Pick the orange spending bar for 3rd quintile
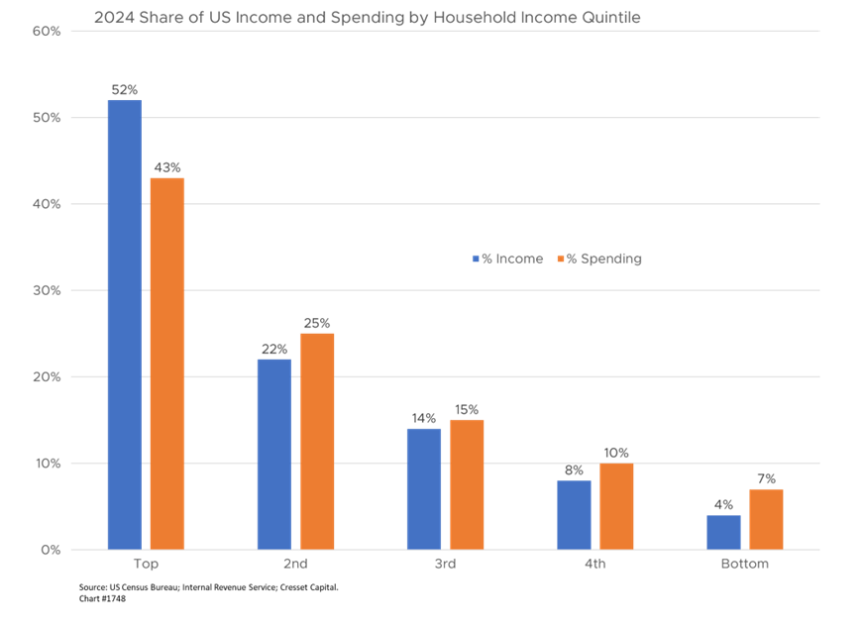467,483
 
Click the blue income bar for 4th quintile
574,514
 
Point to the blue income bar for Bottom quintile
723,532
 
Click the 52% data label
125,90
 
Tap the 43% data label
167,167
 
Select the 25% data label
317,323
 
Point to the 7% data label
766,478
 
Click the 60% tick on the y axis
48,31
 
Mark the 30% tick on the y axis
48,290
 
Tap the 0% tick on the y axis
51,550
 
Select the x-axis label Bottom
744,565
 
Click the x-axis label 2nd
295,565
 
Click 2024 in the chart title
112,17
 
